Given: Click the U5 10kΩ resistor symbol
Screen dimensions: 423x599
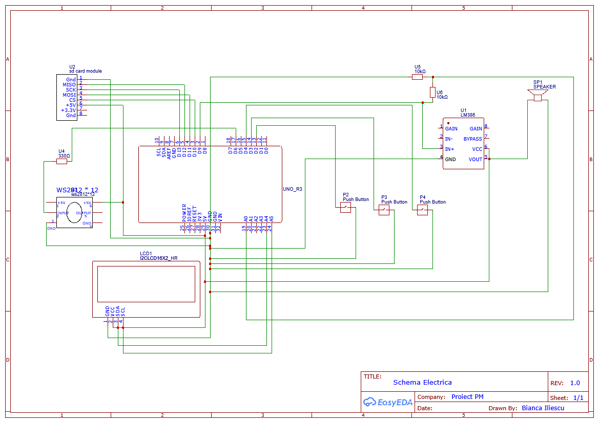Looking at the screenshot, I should point(417,77).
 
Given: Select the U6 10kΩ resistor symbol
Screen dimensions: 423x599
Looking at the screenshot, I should point(432,92).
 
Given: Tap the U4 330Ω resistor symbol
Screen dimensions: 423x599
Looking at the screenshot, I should point(61,161).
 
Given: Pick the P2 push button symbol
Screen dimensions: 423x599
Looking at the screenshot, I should point(346,207).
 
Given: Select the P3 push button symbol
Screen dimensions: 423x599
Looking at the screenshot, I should point(384,210).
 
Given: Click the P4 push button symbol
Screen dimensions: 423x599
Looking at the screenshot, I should point(422,210).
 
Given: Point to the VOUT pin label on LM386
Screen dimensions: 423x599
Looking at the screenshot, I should point(475,160).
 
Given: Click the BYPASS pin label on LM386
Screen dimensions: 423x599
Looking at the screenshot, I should point(472,139).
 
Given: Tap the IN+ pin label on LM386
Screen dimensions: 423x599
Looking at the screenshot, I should point(449,149).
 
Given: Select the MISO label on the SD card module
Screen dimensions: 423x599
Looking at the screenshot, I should point(69,85).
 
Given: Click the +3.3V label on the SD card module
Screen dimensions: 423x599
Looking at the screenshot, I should point(68,110).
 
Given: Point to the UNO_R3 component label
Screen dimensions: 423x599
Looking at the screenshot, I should point(293,189).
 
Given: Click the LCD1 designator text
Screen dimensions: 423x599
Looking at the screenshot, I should point(146,253).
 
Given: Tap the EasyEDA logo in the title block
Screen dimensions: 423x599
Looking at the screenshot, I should point(387,403).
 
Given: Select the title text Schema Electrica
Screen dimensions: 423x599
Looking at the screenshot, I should point(422,383).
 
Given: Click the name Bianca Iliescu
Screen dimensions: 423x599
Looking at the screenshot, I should point(543,408).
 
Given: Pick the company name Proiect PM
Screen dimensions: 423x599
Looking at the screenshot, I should point(467,397).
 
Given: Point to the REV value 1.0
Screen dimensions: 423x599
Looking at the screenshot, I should point(575,383).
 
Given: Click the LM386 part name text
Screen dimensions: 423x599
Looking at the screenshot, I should point(467,115).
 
